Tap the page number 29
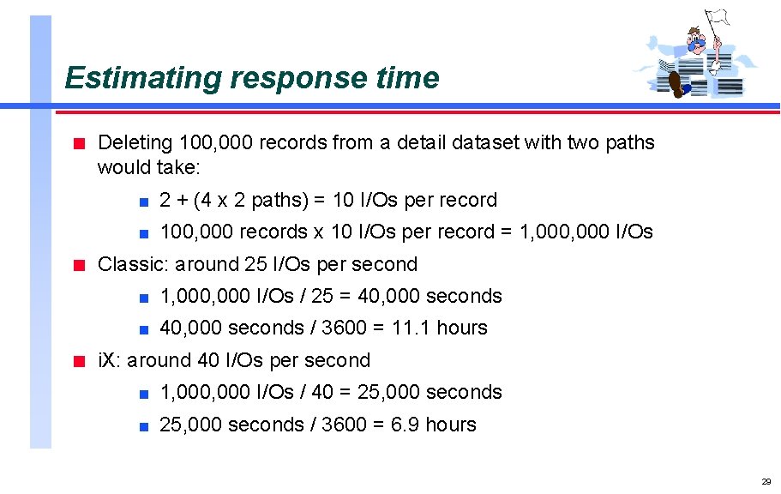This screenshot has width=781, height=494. [x=766, y=481]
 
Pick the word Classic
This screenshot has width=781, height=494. [x=129, y=264]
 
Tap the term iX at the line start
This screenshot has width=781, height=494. [x=109, y=360]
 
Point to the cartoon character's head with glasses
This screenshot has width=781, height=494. [x=698, y=38]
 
